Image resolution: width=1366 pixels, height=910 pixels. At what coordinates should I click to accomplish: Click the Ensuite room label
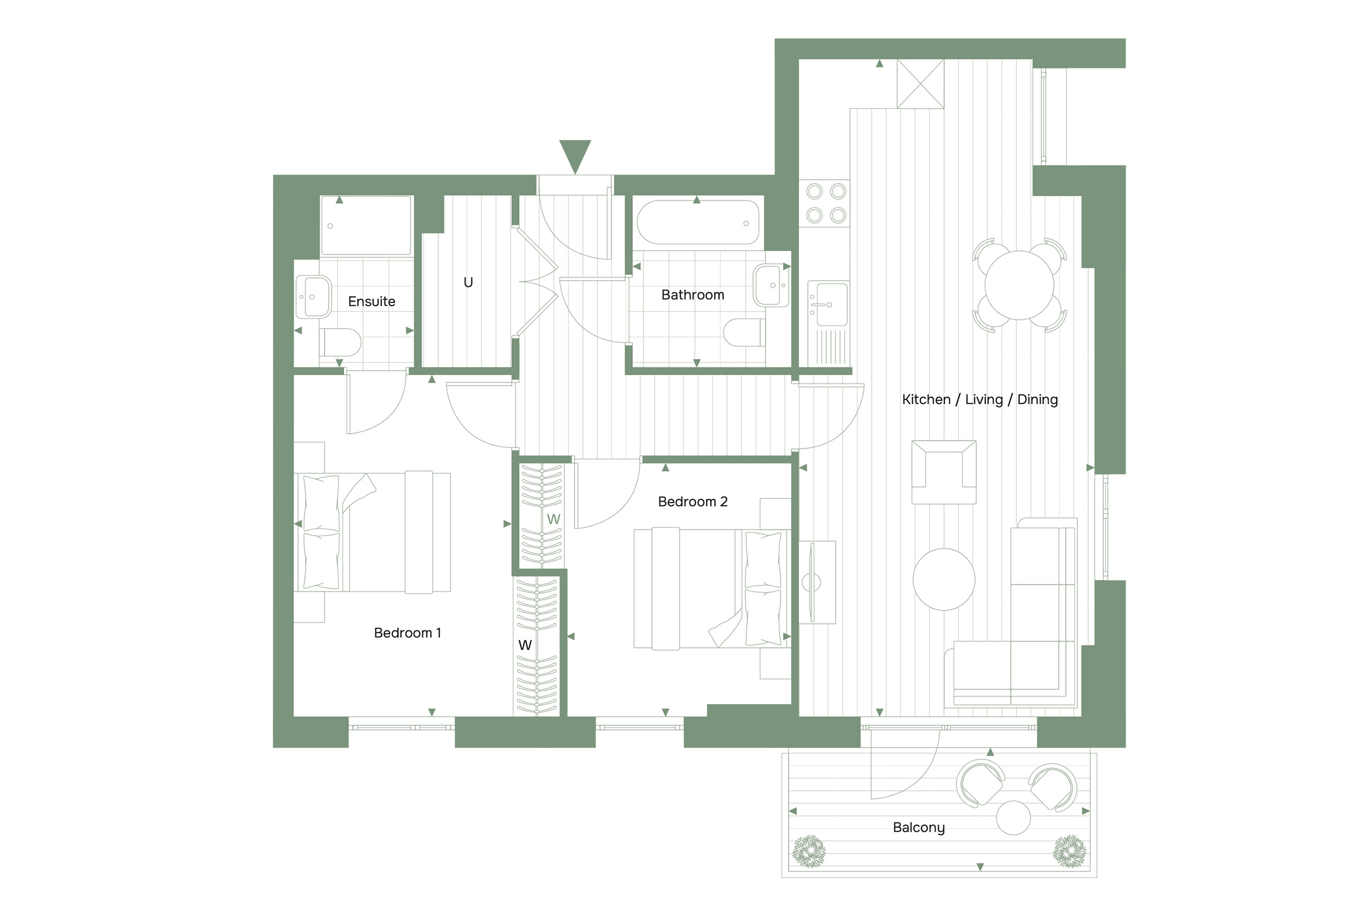(371, 301)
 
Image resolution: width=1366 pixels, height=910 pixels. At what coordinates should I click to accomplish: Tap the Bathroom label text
(692, 295)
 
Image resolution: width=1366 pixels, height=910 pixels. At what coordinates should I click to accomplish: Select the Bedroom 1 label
(407, 633)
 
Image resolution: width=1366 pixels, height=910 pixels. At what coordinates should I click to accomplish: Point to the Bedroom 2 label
(692, 502)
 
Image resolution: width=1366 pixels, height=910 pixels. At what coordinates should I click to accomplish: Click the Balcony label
(918, 828)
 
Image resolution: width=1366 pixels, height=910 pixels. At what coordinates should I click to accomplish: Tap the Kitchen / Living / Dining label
(980, 399)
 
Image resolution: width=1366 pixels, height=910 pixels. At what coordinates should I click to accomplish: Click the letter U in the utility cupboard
(468, 283)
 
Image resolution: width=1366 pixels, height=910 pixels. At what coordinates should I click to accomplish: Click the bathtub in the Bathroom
(698, 222)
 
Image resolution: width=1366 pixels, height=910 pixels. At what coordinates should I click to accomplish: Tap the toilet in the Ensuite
(340, 342)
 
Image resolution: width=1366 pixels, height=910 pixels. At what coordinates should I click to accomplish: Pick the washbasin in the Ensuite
(313, 297)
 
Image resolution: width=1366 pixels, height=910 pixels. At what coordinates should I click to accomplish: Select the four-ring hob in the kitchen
(826, 203)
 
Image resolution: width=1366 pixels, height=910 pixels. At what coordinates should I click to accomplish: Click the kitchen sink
(828, 303)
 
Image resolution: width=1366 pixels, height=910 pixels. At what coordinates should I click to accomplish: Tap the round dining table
(1019, 285)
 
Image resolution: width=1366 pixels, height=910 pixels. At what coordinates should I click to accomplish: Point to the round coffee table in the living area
(944, 579)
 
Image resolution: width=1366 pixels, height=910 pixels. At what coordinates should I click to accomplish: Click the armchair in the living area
(944, 472)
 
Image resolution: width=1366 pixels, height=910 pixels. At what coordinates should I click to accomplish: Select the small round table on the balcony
(1013, 818)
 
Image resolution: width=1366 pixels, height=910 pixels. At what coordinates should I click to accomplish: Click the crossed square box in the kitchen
(920, 83)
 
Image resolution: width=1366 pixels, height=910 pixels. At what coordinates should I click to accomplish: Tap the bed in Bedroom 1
(372, 532)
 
